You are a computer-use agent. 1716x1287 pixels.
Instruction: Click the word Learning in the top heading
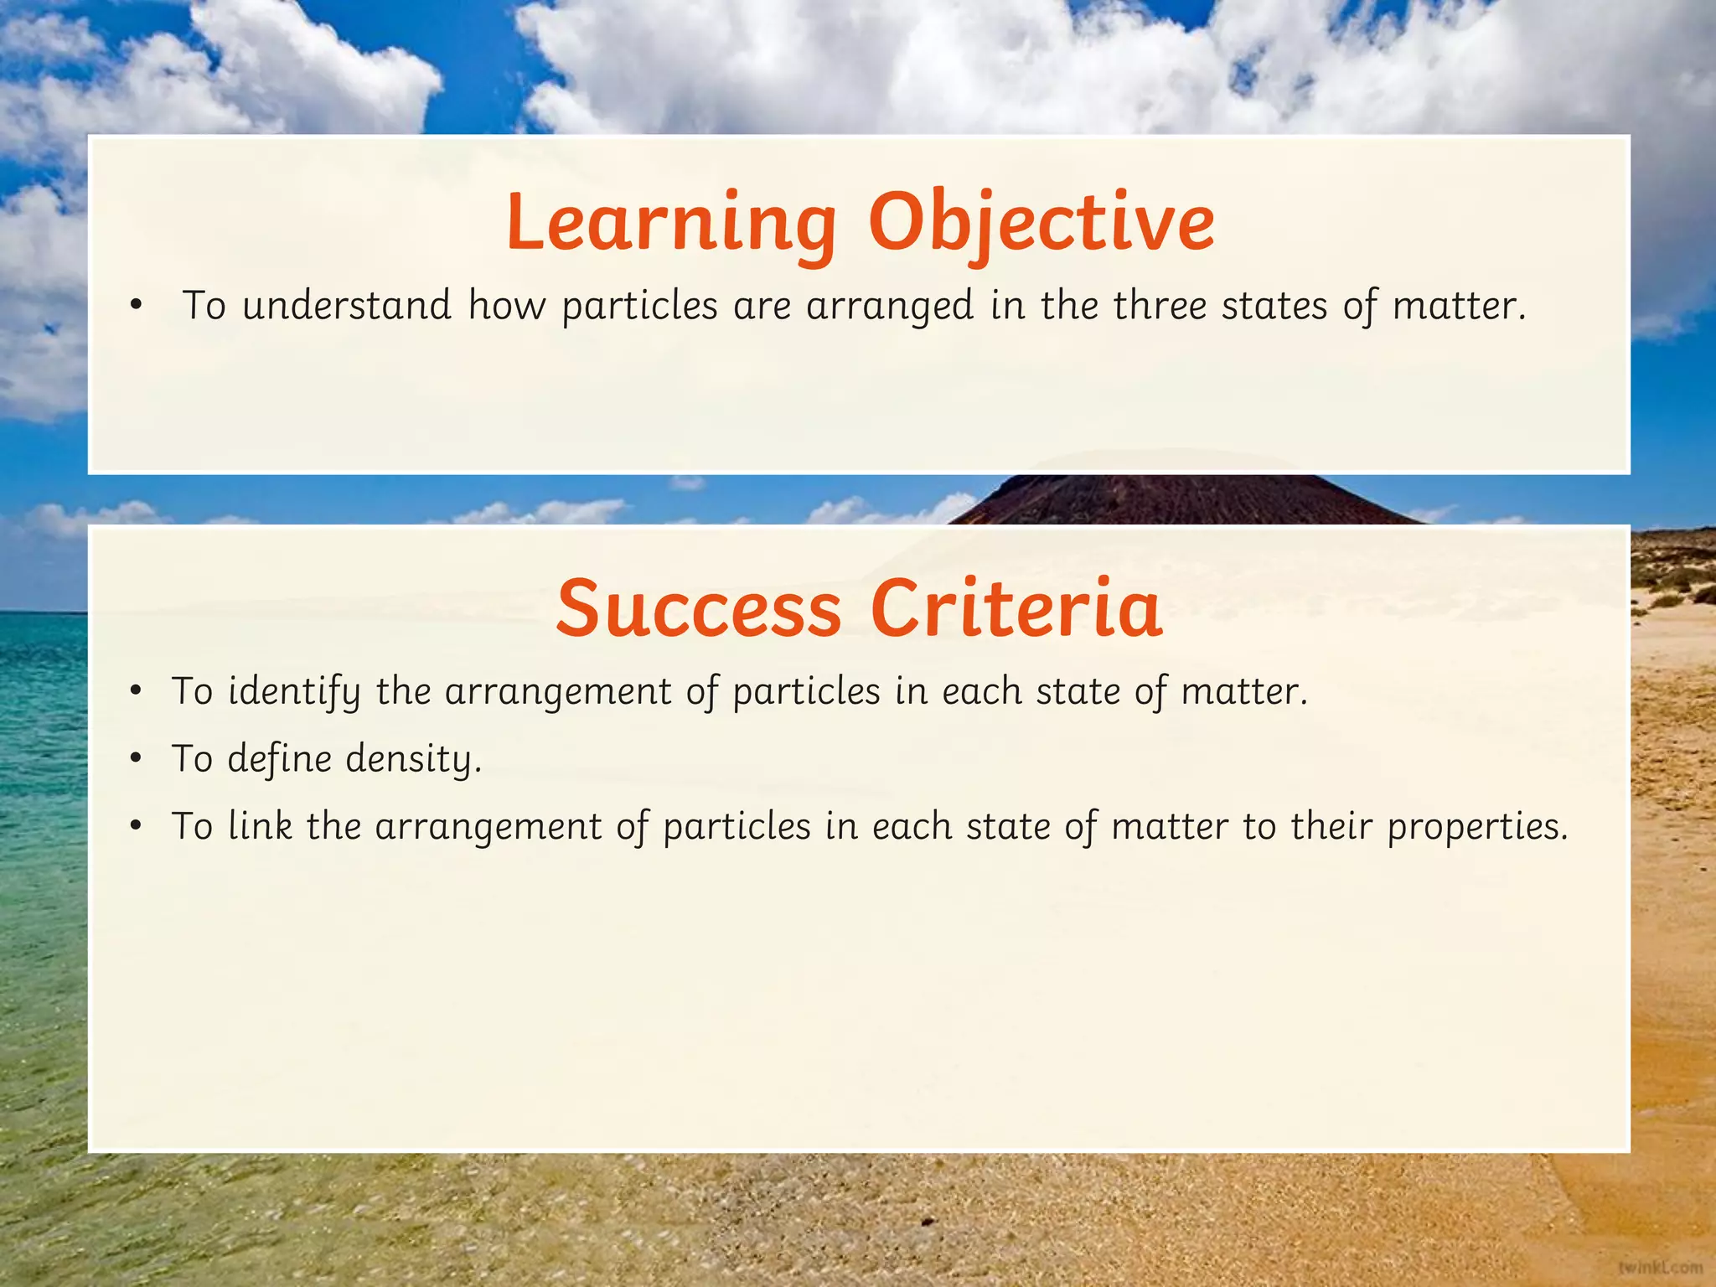[x=671, y=222]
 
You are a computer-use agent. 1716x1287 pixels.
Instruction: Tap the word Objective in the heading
[x=1041, y=222]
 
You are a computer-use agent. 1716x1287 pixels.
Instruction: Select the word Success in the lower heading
[x=699, y=608]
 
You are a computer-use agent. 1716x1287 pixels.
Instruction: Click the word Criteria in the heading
[x=1016, y=608]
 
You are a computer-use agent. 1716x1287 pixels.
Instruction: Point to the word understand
[x=346, y=305]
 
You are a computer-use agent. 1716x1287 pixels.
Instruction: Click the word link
[x=260, y=826]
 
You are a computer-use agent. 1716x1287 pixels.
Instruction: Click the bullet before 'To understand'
[x=137, y=307]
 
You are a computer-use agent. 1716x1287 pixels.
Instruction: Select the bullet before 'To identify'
[x=137, y=693]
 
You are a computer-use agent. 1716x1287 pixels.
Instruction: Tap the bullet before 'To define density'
[x=137, y=760]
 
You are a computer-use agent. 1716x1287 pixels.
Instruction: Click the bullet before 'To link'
[x=137, y=827]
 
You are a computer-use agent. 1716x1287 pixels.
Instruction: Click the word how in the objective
[x=506, y=305]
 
